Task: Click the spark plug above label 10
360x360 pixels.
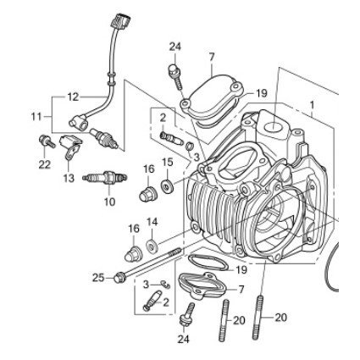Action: [x=105, y=178]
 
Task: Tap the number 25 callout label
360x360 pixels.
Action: [x=99, y=278]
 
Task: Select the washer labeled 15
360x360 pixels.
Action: [x=167, y=186]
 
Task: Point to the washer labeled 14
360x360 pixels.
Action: [x=152, y=246]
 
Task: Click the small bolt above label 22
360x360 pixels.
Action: [x=47, y=141]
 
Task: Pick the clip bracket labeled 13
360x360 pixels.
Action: [x=70, y=147]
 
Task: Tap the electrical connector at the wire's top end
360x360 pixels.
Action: [x=121, y=20]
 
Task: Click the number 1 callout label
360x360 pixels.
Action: [x=312, y=105]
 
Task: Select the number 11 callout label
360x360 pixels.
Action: [x=36, y=116]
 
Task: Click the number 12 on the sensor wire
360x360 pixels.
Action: [x=73, y=97]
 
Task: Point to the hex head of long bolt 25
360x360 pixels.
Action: [x=119, y=277]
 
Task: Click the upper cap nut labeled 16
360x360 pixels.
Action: [x=147, y=194]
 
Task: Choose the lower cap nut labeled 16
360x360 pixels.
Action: [x=132, y=254]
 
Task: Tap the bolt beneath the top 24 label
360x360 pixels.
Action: [x=175, y=77]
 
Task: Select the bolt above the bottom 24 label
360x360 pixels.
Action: [x=187, y=316]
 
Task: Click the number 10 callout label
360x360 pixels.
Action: [x=109, y=202]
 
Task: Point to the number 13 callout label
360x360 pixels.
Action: [x=69, y=178]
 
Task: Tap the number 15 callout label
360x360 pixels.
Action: [x=167, y=163]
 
